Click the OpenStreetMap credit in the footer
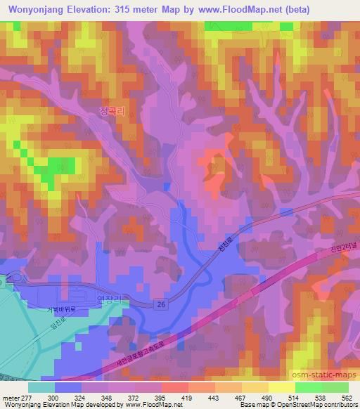[x=321, y=405]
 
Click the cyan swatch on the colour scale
[x=42, y=387]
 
